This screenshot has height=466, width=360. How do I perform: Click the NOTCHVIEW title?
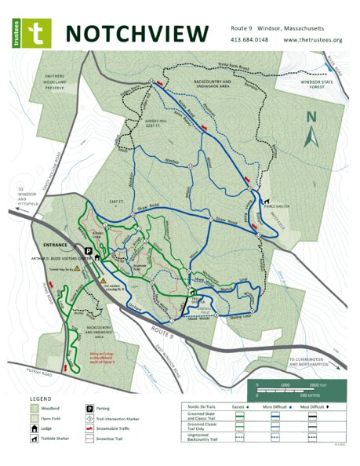(137, 32)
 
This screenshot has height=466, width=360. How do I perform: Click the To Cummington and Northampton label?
(314, 362)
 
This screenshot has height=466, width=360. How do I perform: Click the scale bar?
(299, 389)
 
